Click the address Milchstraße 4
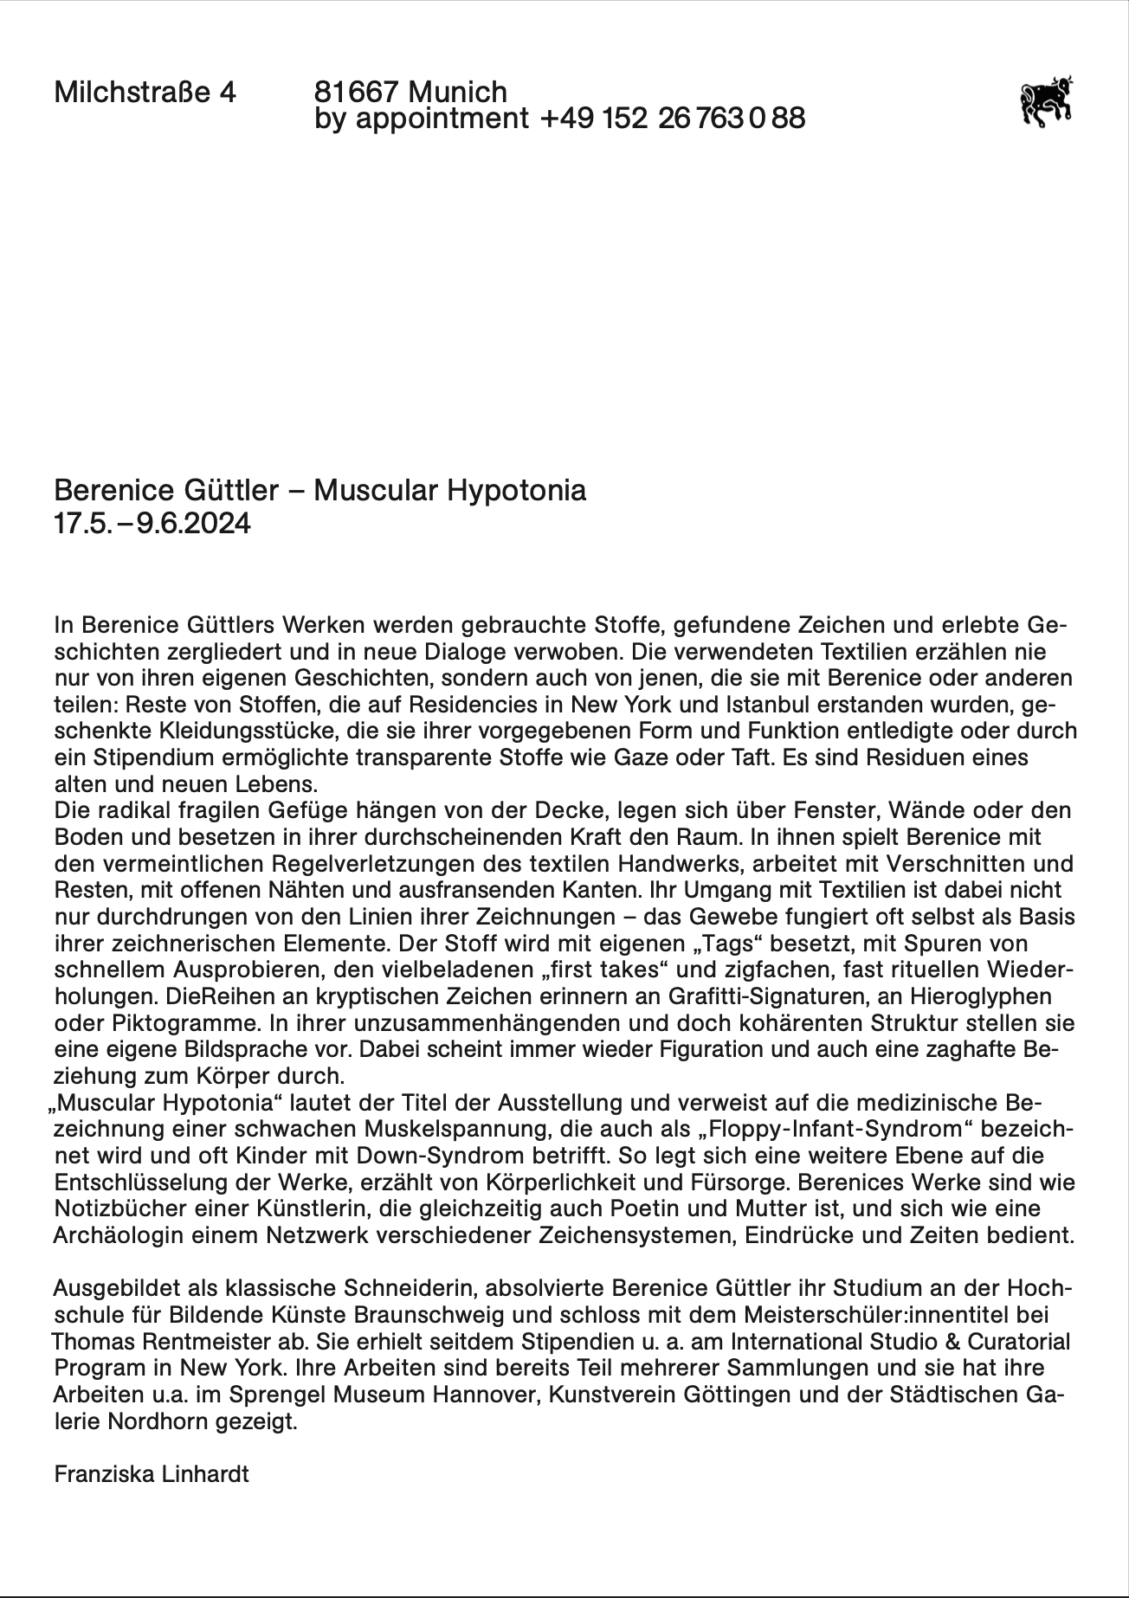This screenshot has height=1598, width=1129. pos(145,92)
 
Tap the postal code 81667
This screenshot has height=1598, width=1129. pos(356,92)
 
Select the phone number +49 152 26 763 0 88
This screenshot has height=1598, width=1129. pos(672,119)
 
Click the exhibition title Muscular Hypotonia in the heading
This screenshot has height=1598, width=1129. pos(449,491)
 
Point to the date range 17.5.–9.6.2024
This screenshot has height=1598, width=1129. pos(152,524)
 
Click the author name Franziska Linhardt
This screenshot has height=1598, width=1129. pos(152,1474)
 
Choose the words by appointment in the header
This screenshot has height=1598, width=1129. pos(422,119)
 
